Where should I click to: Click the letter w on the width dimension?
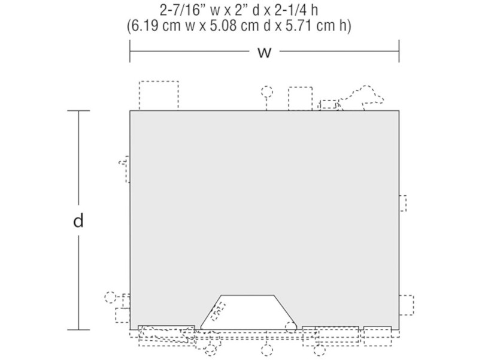point(264,52)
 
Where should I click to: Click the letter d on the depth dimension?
point(78,220)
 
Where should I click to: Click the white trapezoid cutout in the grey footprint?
point(248,312)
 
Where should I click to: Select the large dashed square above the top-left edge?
point(159,95)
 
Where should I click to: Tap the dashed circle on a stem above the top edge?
point(267,92)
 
